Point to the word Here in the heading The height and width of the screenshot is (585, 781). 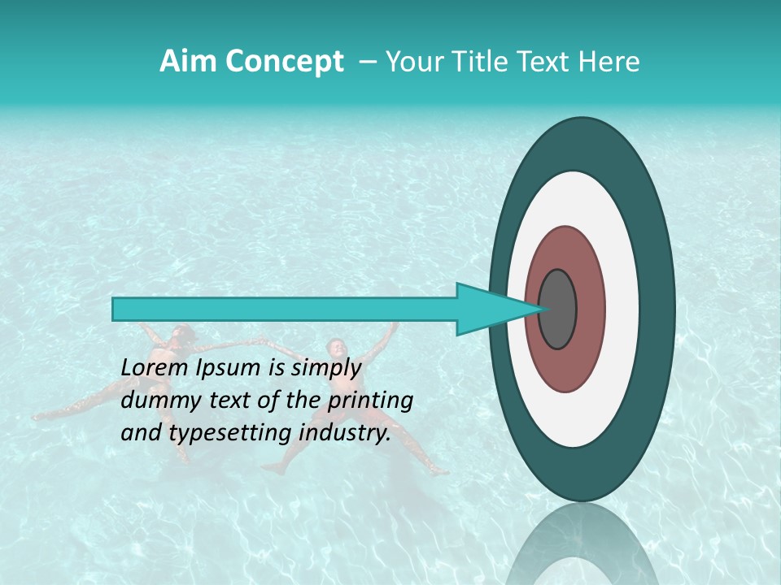pyautogui.click(x=609, y=62)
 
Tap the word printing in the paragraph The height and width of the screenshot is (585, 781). pyautogui.click(x=370, y=401)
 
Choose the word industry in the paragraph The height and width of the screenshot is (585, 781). pyautogui.click(x=343, y=433)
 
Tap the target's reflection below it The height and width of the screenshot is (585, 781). pyautogui.click(x=582, y=544)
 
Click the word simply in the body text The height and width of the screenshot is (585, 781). pyautogui.click(x=325, y=368)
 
